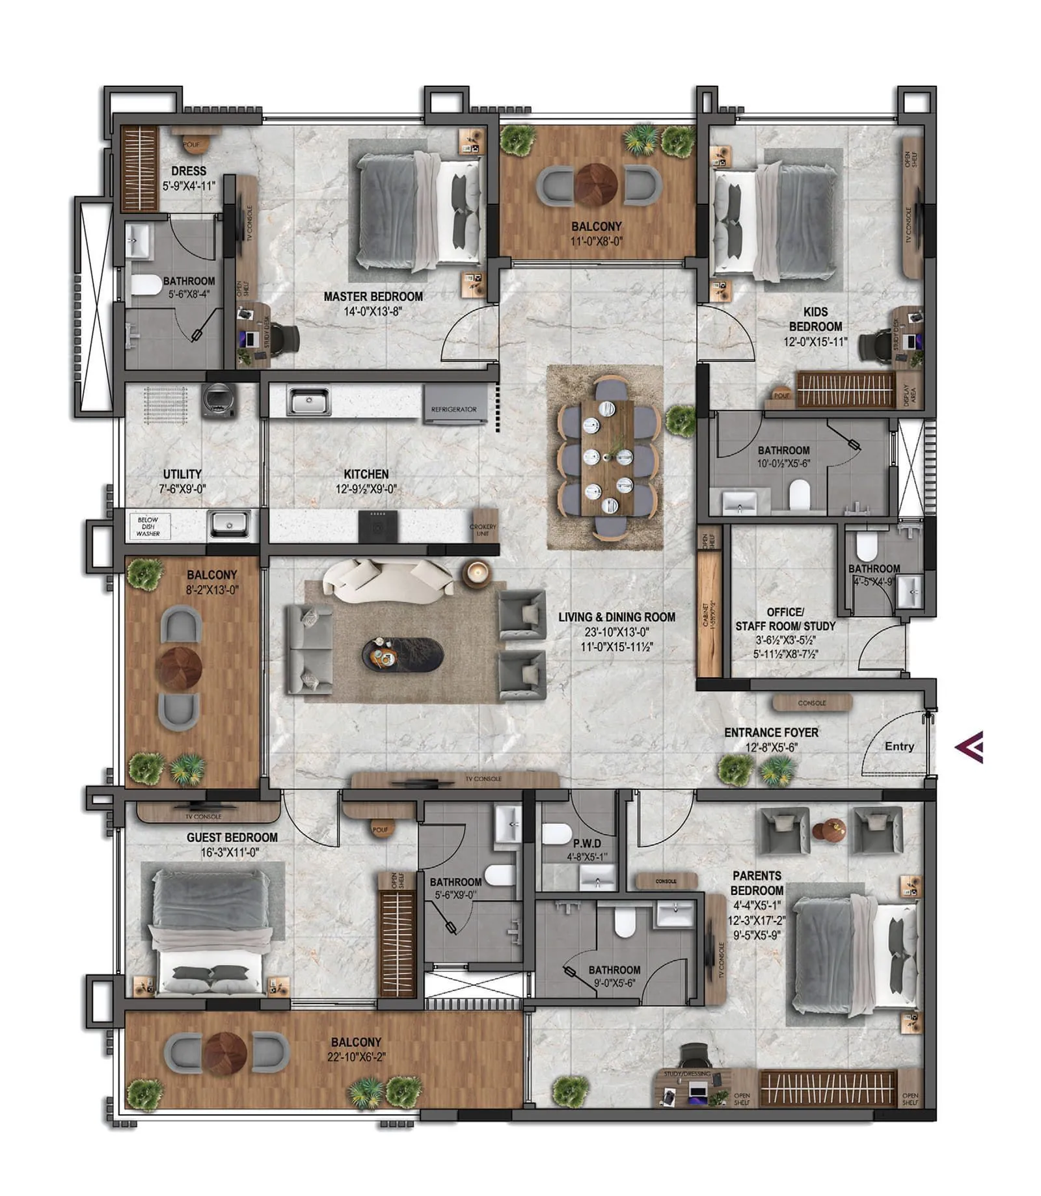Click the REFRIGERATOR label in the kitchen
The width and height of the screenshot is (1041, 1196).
(x=453, y=409)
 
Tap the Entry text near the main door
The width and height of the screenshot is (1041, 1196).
(x=899, y=747)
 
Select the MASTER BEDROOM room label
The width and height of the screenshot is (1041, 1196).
(x=373, y=297)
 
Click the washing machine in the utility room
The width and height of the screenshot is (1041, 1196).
(x=218, y=400)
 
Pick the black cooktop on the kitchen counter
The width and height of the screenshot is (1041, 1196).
(x=377, y=526)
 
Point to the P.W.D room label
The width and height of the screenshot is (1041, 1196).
(x=587, y=843)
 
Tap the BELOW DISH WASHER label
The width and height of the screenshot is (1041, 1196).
(x=148, y=526)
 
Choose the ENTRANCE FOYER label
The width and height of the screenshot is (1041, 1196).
(x=771, y=732)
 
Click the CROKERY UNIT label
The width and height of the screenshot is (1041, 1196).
(x=482, y=530)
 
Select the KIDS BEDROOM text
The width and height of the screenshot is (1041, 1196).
(x=815, y=319)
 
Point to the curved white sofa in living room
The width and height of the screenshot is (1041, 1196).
(x=388, y=578)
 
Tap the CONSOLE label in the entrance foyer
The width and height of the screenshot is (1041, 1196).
(x=811, y=703)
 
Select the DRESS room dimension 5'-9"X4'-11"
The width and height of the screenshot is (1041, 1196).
(x=189, y=186)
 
